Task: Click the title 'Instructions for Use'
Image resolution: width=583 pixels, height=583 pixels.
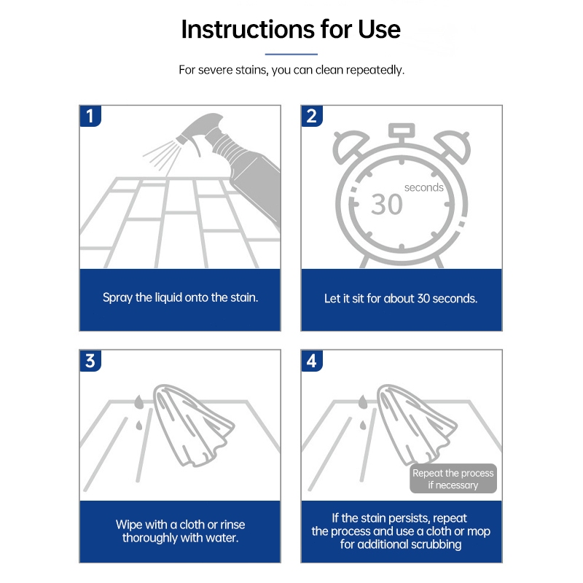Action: point(291,29)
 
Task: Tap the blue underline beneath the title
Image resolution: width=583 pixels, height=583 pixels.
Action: point(291,54)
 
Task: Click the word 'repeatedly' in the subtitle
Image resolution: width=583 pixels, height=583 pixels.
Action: point(375,70)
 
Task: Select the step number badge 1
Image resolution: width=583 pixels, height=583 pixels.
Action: point(90,116)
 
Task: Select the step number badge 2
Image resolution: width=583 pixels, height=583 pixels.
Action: point(312,116)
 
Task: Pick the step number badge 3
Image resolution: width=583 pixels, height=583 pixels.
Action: point(90,360)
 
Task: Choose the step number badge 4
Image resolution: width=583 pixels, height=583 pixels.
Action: point(312,360)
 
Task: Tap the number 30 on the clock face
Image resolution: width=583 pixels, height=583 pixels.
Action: point(387,204)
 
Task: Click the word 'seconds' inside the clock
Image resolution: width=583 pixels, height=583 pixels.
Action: point(424,187)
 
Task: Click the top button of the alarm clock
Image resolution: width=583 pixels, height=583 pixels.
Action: point(402,131)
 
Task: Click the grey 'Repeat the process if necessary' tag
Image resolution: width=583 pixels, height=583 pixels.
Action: point(453,479)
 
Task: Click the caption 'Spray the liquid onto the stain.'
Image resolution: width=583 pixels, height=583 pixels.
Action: point(180,297)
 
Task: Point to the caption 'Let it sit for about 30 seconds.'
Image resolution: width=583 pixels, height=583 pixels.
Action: point(401,299)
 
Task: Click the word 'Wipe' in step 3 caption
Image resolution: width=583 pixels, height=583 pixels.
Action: point(129,524)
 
